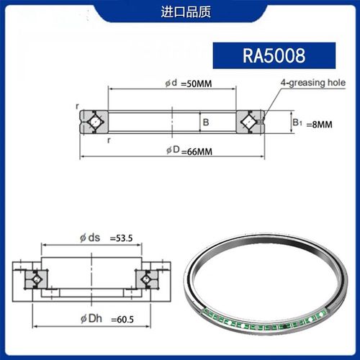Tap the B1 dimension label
coord(297,123)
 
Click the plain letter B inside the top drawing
coord(205,123)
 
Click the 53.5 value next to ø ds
coord(122,237)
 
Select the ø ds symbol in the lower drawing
coord(90,237)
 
